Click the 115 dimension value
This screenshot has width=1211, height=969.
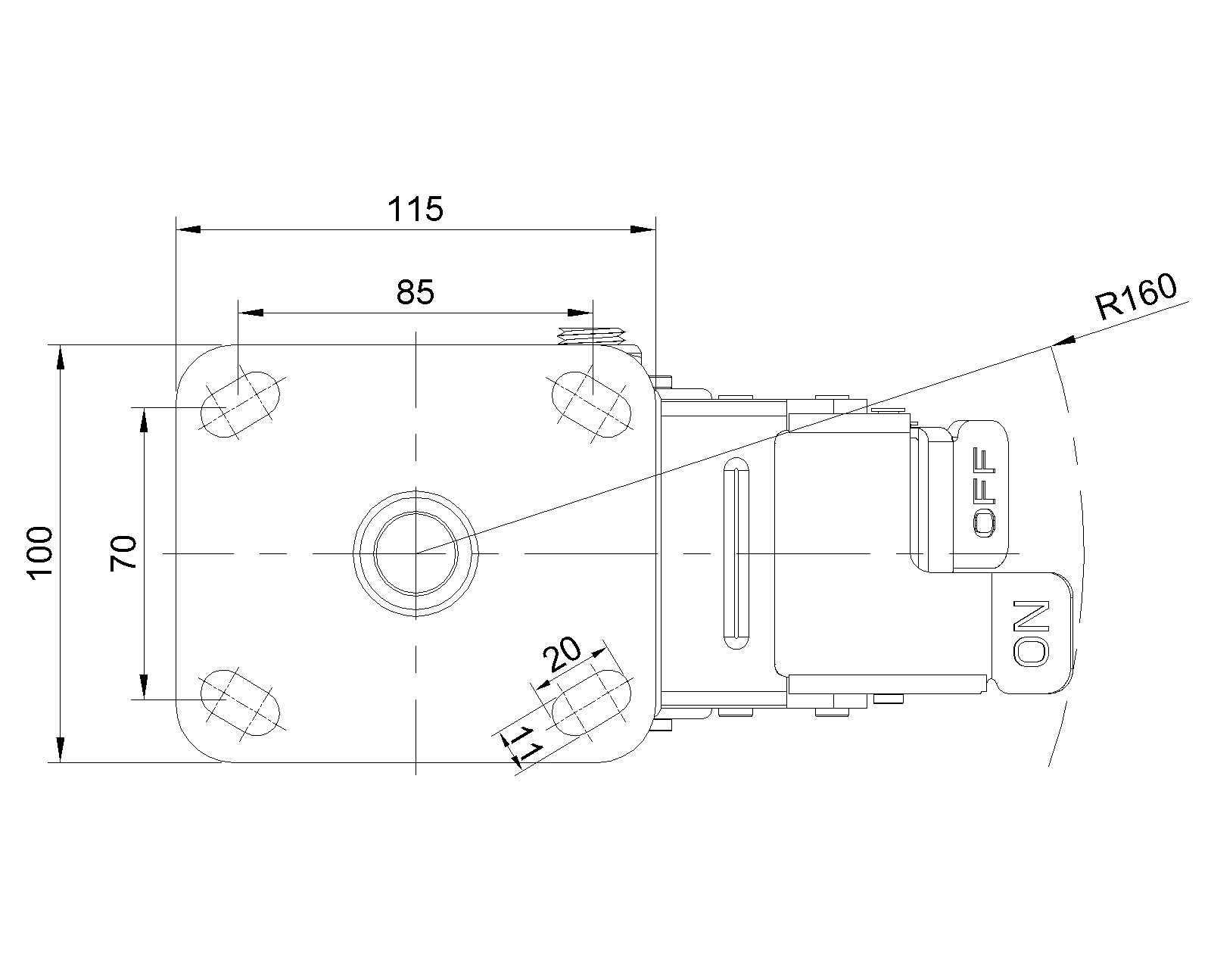(x=415, y=209)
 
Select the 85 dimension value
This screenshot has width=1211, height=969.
(x=416, y=292)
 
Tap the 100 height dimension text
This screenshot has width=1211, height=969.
(x=39, y=553)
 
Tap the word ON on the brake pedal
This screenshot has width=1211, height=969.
(x=1032, y=634)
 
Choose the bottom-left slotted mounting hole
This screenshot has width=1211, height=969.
(x=240, y=703)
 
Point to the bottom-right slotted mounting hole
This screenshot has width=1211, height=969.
(x=593, y=703)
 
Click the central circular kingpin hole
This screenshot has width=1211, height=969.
(x=416, y=553)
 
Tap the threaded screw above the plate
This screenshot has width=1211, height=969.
(x=591, y=335)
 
